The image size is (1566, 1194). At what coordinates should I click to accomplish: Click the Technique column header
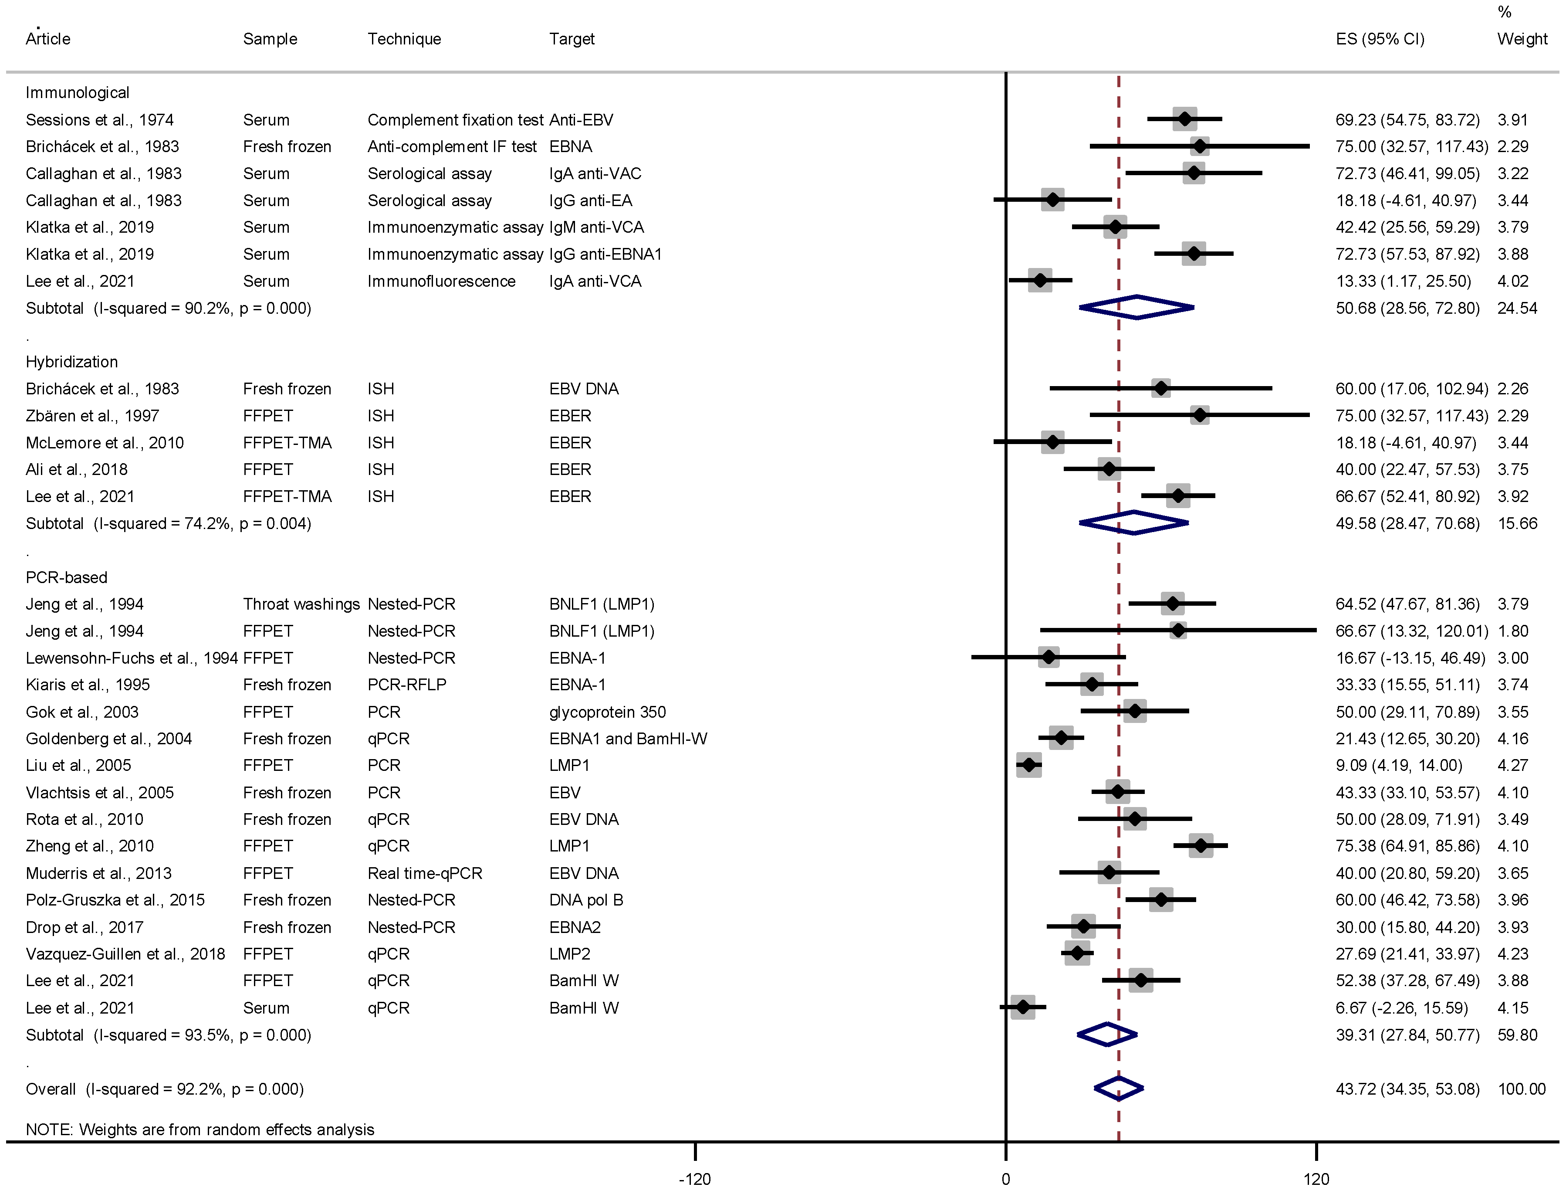point(403,39)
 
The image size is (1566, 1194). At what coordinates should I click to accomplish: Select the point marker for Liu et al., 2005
point(1029,766)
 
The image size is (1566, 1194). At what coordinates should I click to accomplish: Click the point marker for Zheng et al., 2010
point(1201,846)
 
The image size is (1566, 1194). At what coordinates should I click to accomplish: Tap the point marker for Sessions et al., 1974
point(1184,119)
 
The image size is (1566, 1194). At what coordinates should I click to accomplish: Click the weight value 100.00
point(1521,1089)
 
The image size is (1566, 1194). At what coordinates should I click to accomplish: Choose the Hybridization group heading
point(72,362)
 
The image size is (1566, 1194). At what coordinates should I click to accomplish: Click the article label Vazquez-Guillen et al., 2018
point(125,954)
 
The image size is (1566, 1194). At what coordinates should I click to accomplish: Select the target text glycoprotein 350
point(608,712)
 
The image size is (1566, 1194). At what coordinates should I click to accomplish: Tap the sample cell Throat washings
point(301,604)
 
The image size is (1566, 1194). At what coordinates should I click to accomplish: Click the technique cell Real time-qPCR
point(424,873)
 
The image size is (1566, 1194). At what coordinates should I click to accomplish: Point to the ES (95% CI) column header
point(1380,39)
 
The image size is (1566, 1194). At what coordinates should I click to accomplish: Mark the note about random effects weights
point(200,1130)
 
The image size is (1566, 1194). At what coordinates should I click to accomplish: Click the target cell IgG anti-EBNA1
point(605,254)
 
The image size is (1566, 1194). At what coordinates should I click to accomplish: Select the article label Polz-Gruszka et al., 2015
point(115,900)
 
